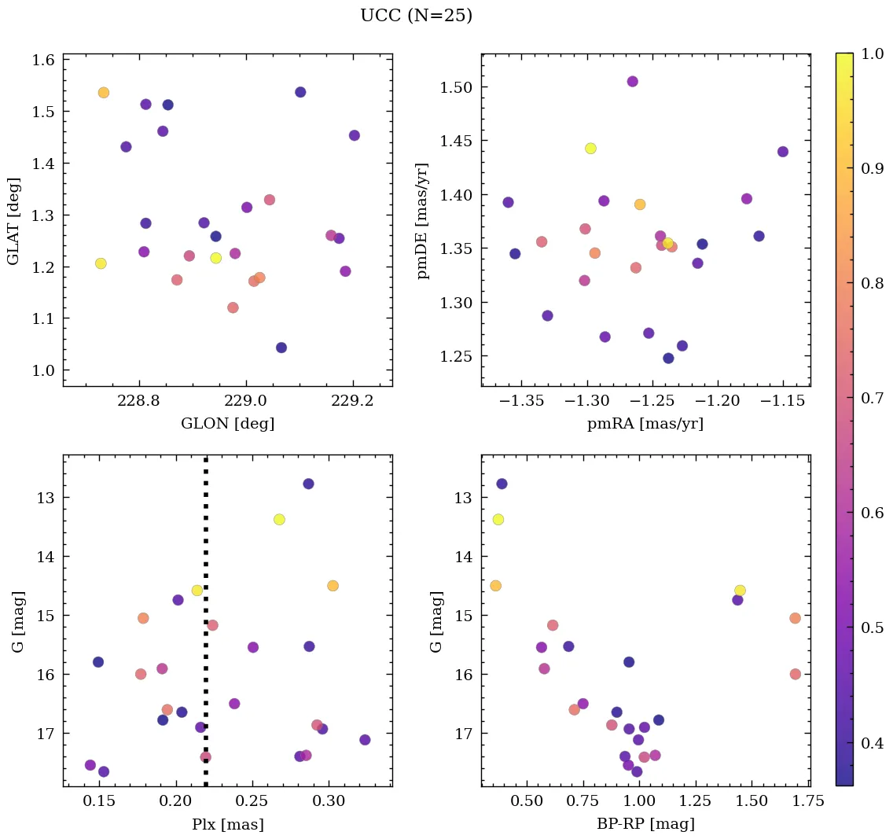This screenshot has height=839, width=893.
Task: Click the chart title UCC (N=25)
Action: click(x=416, y=16)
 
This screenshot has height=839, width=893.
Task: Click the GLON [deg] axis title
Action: click(x=227, y=424)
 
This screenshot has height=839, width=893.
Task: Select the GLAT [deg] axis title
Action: click(x=13, y=221)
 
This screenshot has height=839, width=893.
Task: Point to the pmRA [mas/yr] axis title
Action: click(x=645, y=424)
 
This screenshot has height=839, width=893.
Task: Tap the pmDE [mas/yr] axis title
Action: click(x=424, y=221)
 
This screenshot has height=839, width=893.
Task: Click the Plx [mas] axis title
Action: click(x=227, y=825)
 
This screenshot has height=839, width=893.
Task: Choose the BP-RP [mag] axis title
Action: click(x=645, y=825)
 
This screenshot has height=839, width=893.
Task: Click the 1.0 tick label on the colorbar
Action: click(x=871, y=53)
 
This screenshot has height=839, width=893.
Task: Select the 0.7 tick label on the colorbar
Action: click(x=871, y=398)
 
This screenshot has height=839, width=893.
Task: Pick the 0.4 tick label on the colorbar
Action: click(x=871, y=743)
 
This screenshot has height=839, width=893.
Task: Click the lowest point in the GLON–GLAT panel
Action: click(x=281, y=348)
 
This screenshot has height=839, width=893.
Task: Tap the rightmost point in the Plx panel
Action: click(x=365, y=740)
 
